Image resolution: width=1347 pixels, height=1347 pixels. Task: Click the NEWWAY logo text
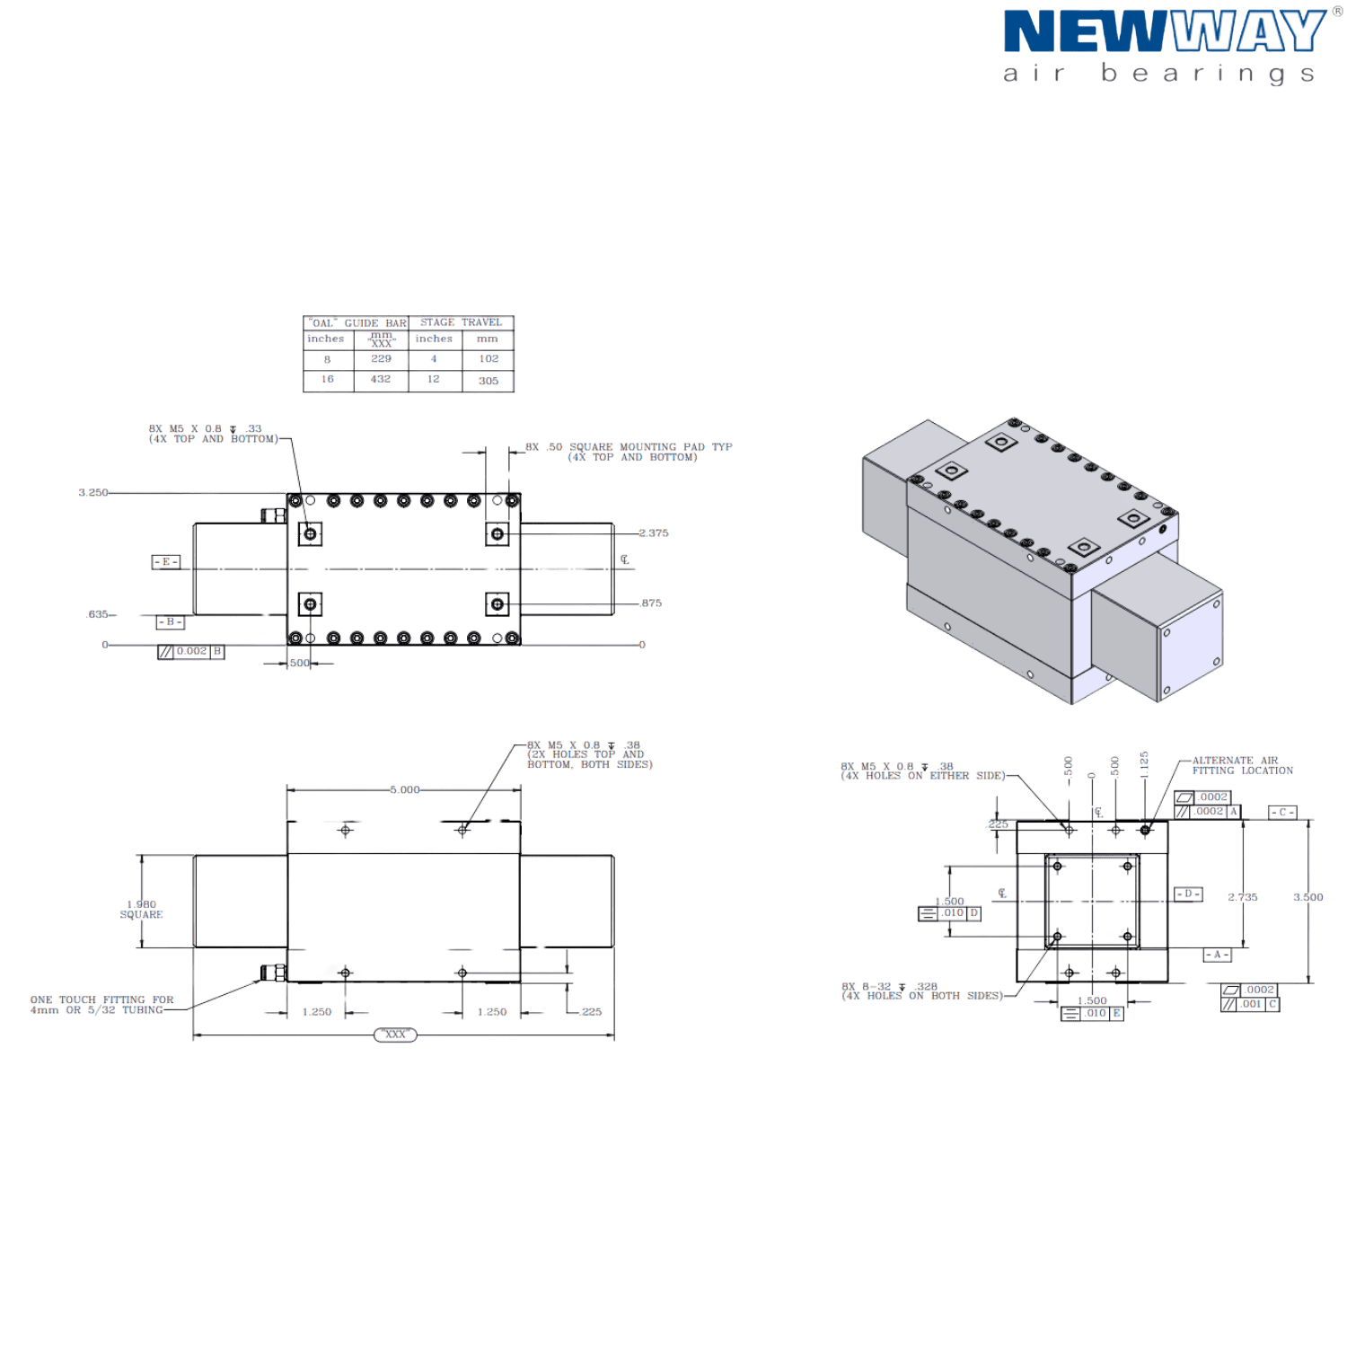(1162, 32)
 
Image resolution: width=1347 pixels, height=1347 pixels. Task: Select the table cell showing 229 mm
(381, 358)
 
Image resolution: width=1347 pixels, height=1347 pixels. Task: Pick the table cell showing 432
(381, 380)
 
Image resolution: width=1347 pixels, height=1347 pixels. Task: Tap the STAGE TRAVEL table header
(462, 322)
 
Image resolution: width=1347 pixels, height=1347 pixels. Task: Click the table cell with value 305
(488, 381)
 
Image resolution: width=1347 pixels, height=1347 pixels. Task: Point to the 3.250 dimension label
(92, 492)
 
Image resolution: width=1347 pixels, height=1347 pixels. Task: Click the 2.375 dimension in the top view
(653, 533)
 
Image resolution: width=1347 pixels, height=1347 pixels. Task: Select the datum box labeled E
(166, 562)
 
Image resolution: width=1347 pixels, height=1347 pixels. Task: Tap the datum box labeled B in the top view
(170, 621)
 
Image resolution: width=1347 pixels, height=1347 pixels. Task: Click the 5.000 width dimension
(403, 790)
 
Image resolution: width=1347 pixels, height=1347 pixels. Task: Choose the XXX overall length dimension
(395, 1035)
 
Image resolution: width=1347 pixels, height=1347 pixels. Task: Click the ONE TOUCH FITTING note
(101, 1005)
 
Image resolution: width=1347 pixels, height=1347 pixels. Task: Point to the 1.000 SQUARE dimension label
(142, 909)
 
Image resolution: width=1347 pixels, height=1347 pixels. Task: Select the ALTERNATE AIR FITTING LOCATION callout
(1242, 766)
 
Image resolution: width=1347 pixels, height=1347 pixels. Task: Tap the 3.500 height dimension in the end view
(1308, 897)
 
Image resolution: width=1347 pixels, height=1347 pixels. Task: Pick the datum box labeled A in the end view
(1217, 955)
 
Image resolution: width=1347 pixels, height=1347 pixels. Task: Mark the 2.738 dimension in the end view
(1243, 897)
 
